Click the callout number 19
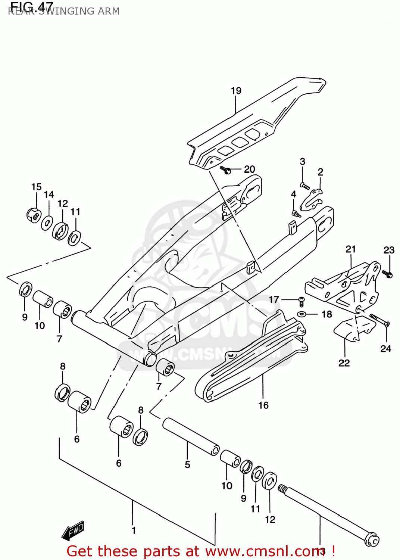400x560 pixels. coord(236,91)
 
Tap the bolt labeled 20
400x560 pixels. coord(226,170)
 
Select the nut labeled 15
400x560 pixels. coord(34,215)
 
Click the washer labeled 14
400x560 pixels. coord(47,223)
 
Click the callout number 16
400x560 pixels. coord(263,405)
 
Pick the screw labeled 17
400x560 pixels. coord(301,301)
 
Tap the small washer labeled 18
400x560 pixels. coord(301,314)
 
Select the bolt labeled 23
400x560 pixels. coord(388,274)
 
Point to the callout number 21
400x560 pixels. coord(350,249)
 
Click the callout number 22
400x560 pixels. coord(344,363)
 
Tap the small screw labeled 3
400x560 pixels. coord(304,185)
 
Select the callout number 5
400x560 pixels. coord(187,464)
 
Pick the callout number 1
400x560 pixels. coord(134,530)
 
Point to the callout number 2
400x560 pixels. coord(320,172)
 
